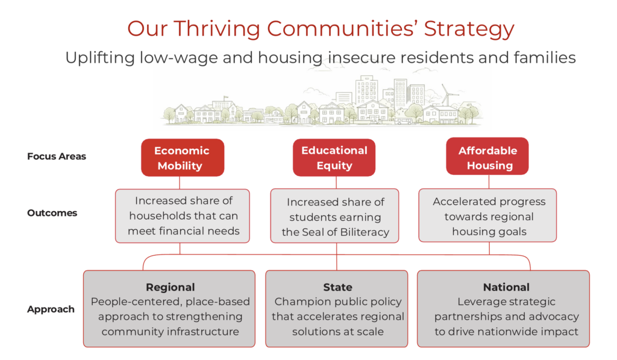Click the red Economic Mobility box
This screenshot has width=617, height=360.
[x=182, y=157]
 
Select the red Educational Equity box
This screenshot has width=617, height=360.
[x=334, y=157]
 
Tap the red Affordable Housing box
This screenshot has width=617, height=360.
[x=487, y=157]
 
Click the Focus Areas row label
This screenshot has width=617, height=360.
[x=57, y=156]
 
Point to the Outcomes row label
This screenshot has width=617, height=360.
[x=52, y=213]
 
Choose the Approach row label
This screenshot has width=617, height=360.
[x=51, y=309]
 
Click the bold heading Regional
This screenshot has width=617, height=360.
[x=170, y=287]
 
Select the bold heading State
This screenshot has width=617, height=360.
[x=337, y=287]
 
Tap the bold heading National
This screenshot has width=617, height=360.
[x=506, y=287]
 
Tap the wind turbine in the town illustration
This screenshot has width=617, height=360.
[x=446, y=95]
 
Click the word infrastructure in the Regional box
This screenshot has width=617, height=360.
[x=207, y=332]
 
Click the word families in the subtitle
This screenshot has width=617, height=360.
[x=546, y=58]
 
